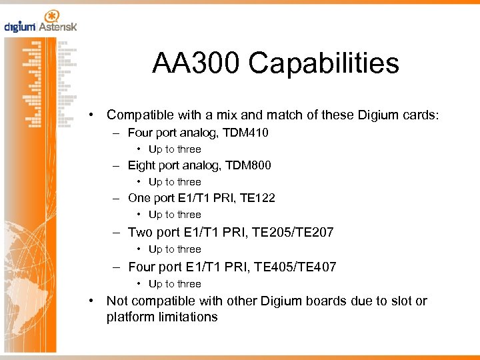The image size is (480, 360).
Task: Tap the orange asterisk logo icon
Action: pyautogui.click(x=51, y=16)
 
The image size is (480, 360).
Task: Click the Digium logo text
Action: pyautogui.click(x=20, y=27)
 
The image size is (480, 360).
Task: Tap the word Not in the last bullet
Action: pyautogui.click(x=117, y=301)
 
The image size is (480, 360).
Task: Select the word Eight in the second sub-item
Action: pyautogui.click(x=141, y=165)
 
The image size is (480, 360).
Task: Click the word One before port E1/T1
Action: pyautogui.click(x=139, y=197)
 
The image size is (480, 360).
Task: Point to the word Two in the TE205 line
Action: pyautogui.click(x=140, y=232)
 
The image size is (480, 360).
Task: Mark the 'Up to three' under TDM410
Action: pyautogui.click(x=175, y=149)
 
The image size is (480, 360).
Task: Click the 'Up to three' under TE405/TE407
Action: pyautogui.click(x=175, y=284)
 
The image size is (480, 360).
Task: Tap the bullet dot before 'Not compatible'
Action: pyautogui.click(x=94, y=301)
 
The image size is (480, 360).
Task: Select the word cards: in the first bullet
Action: pyautogui.click(x=421, y=115)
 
